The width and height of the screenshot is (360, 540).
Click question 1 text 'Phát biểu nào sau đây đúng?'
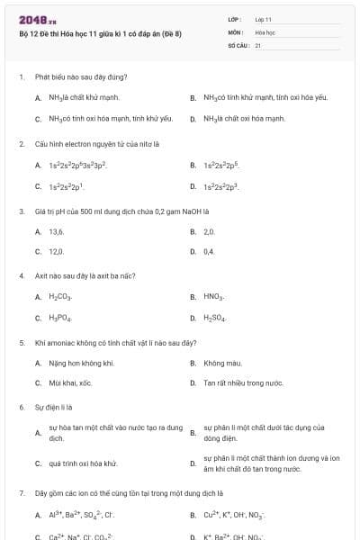point(81,77)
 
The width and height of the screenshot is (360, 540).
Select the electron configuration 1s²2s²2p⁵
point(220,166)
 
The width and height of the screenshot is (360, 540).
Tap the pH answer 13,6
point(56,231)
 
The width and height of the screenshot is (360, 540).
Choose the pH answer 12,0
point(56,251)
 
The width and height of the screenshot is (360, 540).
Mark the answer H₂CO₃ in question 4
point(60,296)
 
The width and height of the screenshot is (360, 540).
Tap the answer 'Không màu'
point(220,363)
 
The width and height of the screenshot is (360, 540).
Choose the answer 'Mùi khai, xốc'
point(70,383)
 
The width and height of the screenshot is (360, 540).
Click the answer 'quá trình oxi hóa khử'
point(83,463)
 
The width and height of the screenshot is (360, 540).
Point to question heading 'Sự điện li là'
point(53,408)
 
